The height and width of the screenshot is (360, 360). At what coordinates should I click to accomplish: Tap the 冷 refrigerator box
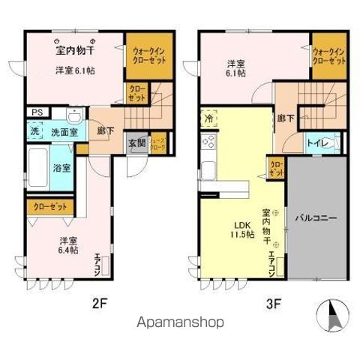click(208, 118)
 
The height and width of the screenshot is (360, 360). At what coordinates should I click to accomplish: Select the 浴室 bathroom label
click(61, 167)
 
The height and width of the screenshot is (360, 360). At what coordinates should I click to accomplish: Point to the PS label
click(35, 112)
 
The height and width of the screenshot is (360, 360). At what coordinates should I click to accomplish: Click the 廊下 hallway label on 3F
click(285, 119)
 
